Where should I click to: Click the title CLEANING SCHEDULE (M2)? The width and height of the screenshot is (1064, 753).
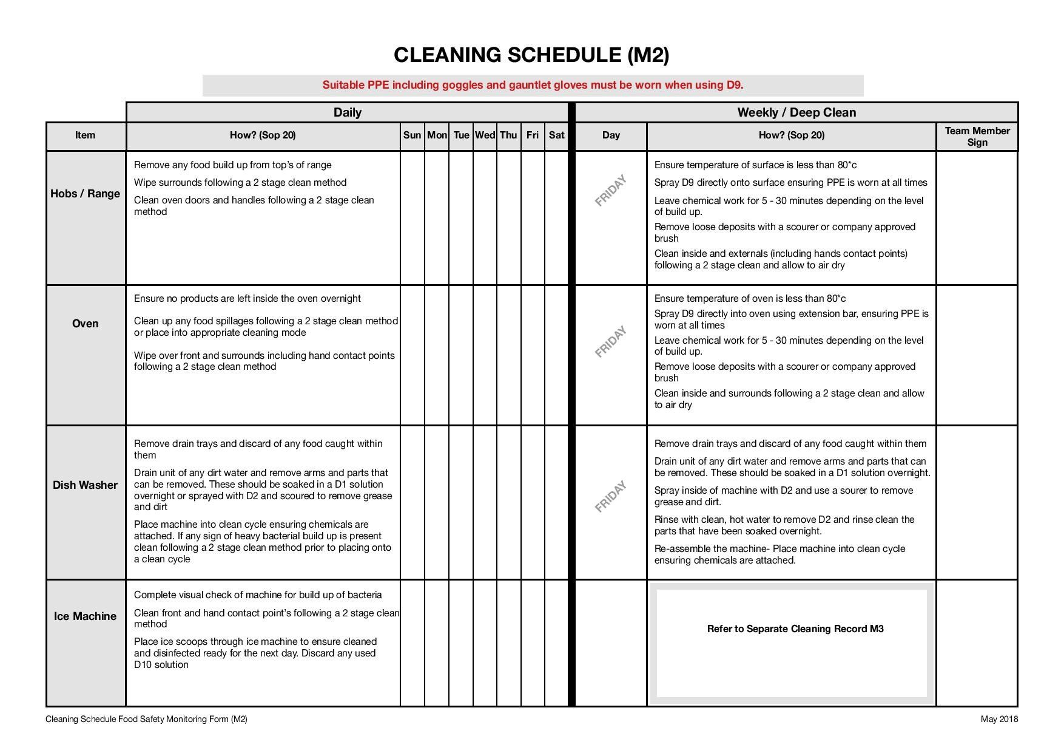tap(531, 55)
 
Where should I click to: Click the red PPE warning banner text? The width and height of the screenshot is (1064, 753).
tap(533, 85)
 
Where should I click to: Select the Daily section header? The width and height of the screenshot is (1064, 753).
tap(347, 112)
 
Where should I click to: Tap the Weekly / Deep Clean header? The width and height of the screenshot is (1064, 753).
tap(796, 112)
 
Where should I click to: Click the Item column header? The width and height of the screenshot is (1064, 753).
tap(85, 135)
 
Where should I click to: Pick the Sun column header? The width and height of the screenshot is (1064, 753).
tap(412, 135)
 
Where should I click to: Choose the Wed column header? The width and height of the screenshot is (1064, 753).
tap(485, 135)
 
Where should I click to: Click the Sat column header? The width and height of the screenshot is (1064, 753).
tap(556, 135)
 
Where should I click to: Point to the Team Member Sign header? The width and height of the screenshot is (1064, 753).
tap(977, 137)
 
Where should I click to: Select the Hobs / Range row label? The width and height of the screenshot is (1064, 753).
tap(85, 194)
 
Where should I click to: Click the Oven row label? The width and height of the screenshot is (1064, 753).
tap(85, 324)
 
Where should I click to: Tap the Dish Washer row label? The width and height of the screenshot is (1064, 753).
tap(85, 485)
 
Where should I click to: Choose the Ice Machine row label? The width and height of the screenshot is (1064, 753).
tap(85, 616)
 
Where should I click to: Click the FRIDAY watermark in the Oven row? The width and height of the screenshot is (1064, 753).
tap(610, 342)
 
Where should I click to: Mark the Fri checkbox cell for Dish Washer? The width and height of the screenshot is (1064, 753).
tap(533, 502)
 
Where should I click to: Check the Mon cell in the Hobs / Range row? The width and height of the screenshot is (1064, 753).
tap(437, 217)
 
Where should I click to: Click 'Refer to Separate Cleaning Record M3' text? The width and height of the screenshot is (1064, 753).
tap(795, 629)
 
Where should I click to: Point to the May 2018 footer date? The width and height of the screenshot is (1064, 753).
tap(998, 720)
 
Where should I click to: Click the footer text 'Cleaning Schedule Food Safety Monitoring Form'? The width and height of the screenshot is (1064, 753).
tap(146, 720)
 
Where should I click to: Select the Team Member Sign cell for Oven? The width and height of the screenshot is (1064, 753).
tap(977, 355)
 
